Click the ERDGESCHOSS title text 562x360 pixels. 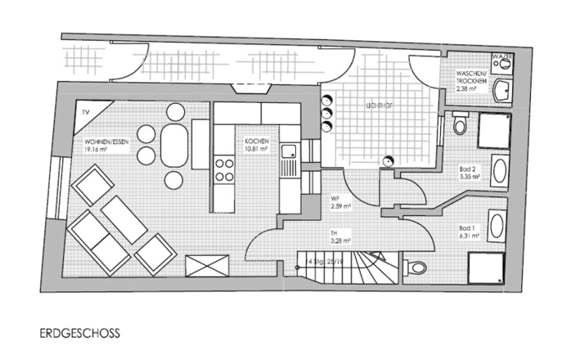pyautogui.click(x=79, y=334)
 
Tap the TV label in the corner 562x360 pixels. pyautogui.click(x=85, y=112)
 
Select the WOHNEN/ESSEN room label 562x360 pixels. pyautogui.click(x=104, y=142)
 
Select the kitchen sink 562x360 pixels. pyautogui.click(x=289, y=151)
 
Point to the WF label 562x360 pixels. pyautogui.click(x=335, y=199)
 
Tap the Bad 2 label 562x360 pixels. pyautogui.click(x=469, y=171)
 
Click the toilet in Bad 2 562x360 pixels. pyautogui.click(x=459, y=124)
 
